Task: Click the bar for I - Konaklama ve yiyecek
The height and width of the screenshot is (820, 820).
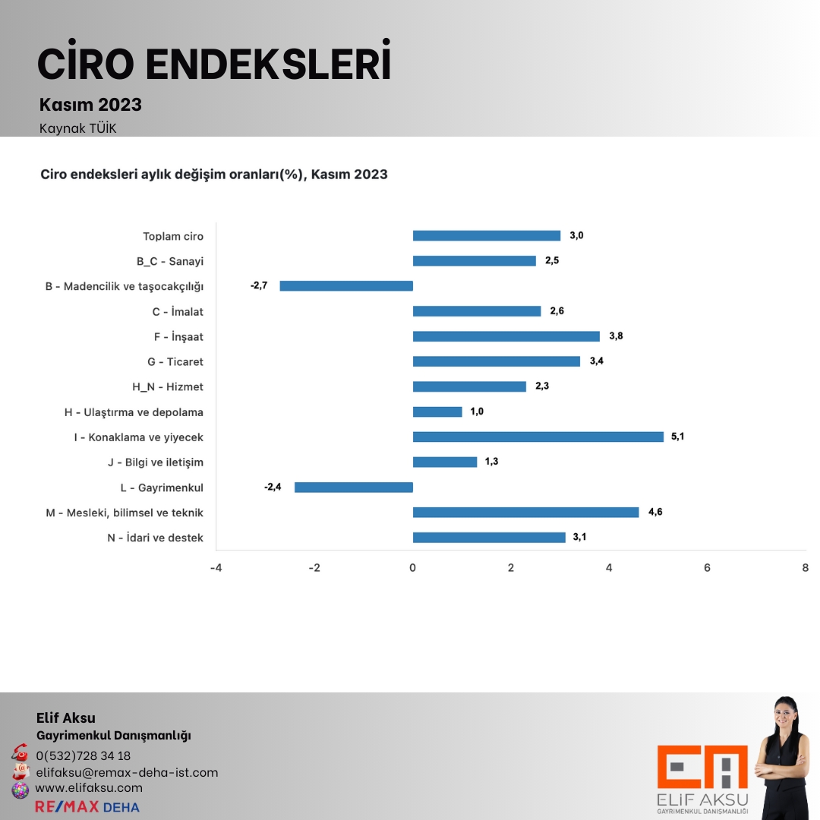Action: coord(538,437)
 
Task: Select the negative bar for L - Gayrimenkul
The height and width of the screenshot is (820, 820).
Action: coord(354,487)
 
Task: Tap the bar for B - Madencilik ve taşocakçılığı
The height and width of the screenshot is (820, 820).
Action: coord(346,285)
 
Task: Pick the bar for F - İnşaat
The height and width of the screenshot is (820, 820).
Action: coord(506,336)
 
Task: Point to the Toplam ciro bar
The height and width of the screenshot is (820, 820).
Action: coord(486,235)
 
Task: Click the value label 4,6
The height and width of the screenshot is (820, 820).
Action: coord(654,512)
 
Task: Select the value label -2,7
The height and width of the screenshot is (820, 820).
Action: coord(259,285)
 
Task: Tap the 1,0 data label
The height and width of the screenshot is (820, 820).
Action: coord(477,412)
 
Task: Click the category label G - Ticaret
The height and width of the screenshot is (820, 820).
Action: coord(175,361)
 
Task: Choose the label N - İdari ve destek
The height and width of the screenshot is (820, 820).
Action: coord(156,538)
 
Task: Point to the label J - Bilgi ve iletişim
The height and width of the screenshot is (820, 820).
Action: coord(156,462)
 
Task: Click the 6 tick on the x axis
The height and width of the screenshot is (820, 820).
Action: coord(707,568)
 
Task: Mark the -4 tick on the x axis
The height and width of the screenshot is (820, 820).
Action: coord(216,568)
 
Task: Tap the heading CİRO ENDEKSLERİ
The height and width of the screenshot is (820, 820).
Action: coord(214,65)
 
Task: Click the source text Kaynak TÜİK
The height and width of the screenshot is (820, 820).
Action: coord(78,128)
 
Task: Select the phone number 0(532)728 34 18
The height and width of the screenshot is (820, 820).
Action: coord(84,755)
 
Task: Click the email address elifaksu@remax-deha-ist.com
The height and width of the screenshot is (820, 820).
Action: coord(127,772)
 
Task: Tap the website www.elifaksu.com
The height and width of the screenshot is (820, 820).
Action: coord(89,788)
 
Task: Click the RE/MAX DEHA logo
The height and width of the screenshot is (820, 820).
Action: coord(87,806)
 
